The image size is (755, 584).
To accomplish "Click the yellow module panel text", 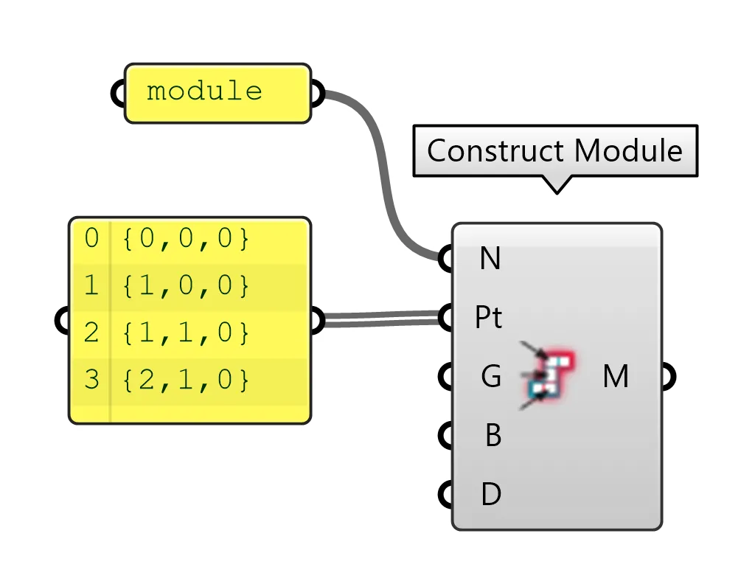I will (204, 91).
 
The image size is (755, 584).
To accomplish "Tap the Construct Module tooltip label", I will (554, 150).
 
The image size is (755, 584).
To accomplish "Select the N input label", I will (490, 259).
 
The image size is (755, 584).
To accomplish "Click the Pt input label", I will (488, 318).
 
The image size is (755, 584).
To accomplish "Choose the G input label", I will (491, 377).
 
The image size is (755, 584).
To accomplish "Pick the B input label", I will (493, 436).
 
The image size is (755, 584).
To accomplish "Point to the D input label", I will (491, 494).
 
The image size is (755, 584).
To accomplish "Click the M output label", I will (615, 377).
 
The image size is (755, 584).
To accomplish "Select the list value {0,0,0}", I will (186, 239).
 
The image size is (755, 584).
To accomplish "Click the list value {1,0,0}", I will (186, 285).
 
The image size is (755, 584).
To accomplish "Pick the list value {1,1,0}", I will (186, 333).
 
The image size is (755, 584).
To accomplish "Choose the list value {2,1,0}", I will (186, 380).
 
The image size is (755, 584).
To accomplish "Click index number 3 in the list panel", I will (91, 380).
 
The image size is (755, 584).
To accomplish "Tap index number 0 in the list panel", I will (91, 239).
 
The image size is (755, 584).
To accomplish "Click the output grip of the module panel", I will (317, 94).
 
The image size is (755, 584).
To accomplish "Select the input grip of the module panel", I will (118, 94).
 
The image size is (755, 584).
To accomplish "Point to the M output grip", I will (668, 377).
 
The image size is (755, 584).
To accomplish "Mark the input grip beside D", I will (446, 494).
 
